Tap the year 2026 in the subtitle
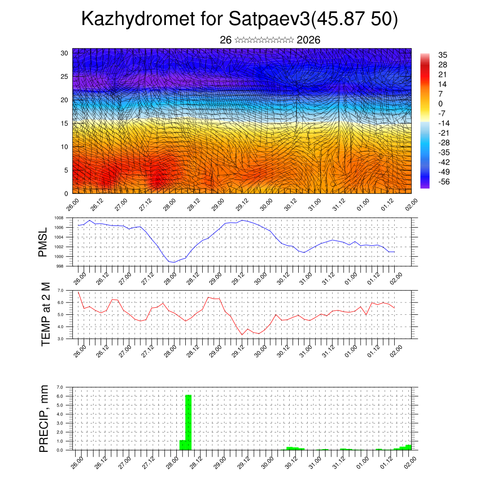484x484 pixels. pyautogui.click(x=309, y=40)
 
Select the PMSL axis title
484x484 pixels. pyautogui.click(x=43, y=242)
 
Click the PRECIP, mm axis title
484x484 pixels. pyautogui.click(x=44, y=418)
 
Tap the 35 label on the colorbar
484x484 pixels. pyautogui.click(x=443, y=55)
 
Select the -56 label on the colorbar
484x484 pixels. pyautogui.click(x=444, y=182)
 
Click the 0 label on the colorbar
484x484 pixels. pyautogui.click(x=441, y=104)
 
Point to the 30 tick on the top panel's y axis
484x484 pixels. pyautogui.click(x=64, y=53)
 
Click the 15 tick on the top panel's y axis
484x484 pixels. pyautogui.click(x=64, y=123)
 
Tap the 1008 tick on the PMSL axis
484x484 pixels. pyautogui.click(x=59, y=218)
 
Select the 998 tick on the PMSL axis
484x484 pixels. pyautogui.click(x=60, y=266)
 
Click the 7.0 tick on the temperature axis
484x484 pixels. pyautogui.click(x=60, y=290)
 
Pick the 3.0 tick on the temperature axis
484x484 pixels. pyautogui.click(x=60, y=339)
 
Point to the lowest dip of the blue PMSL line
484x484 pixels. pyautogui.click(x=174, y=262)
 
